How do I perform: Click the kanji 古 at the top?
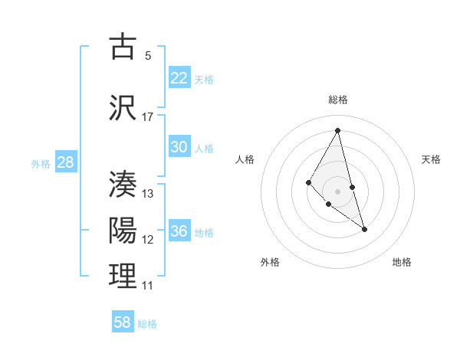(123, 47)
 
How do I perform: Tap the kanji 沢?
(123, 108)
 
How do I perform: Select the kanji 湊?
(123, 185)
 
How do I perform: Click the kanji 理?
(123, 277)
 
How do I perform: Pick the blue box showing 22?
(179, 78)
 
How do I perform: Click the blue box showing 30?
(179, 147)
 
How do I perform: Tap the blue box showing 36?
(179, 231)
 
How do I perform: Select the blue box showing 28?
(65, 162)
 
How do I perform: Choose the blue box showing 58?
(123, 322)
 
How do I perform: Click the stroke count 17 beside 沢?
(148, 117)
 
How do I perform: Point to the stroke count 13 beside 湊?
(148, 194)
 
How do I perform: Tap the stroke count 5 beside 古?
(148, 56)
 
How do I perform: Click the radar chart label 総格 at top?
(337, 100)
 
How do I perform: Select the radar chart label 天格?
(431, 159)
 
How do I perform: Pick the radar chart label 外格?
(270, 262)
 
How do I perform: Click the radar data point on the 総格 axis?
(337, 130)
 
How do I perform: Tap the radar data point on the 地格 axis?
(364, 229)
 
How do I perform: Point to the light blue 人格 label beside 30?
(204, 148)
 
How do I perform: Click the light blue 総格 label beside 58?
(147, 324)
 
